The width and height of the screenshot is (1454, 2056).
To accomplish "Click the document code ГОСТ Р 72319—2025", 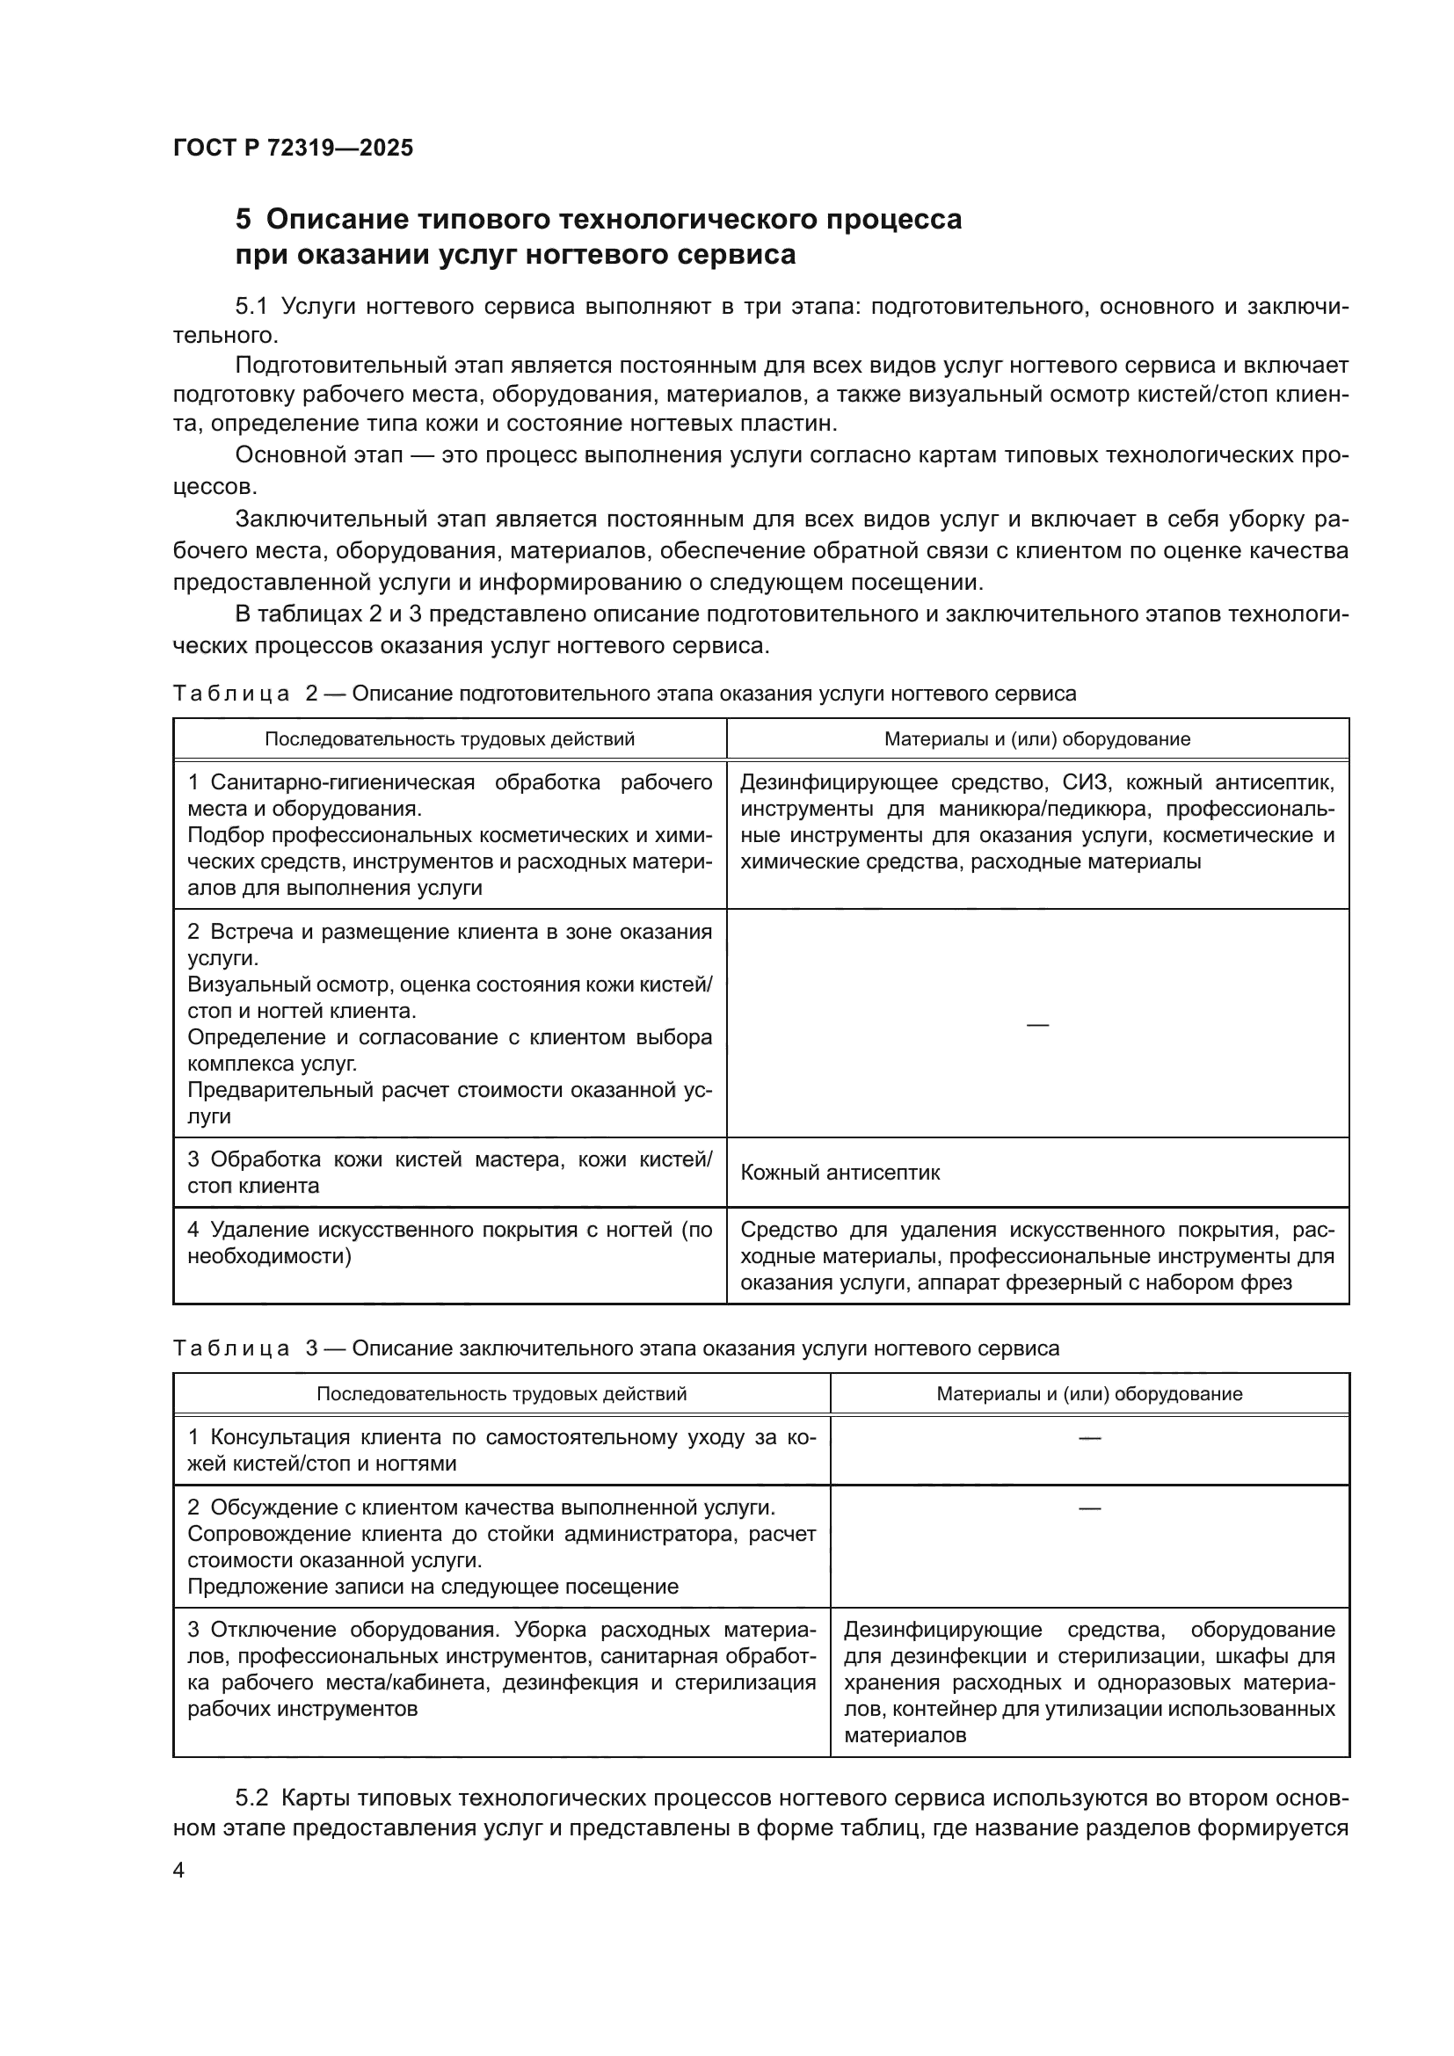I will coord(293,149).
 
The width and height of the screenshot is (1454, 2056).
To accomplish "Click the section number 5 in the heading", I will coord(243,220).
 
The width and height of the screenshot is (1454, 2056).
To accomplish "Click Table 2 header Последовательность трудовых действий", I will coord(449,739).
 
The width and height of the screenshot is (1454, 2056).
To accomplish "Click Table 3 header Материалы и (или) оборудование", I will coord(1088,1394).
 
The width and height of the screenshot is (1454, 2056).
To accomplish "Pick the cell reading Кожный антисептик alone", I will coord(840,1173).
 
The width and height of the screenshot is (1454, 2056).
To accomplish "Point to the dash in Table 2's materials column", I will coord(1036,1023).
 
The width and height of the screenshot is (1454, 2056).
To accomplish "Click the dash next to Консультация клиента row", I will coord(1088,1438).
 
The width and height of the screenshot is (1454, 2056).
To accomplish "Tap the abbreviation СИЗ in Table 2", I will coord(1084,783).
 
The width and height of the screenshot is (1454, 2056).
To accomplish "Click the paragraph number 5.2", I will coord(251,1798).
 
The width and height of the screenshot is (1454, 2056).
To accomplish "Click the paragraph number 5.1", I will coord(251,307).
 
